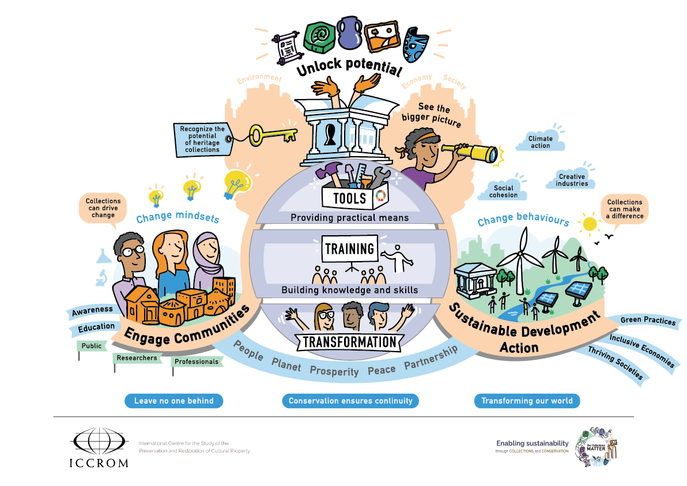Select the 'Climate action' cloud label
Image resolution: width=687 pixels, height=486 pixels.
[540, 142]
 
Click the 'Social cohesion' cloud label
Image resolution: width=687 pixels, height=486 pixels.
[503, 191]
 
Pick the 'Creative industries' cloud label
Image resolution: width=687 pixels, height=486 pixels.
[572, 180]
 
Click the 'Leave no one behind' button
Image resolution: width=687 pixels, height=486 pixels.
[173, 401]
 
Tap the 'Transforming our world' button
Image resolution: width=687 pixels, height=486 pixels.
[527, 401]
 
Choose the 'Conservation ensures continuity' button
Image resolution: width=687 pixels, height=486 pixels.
[350, 401]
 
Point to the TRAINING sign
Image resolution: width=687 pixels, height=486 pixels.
[349, 249]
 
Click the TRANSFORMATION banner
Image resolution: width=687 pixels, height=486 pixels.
[349, 341]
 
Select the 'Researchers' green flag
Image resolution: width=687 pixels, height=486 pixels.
[137, 358]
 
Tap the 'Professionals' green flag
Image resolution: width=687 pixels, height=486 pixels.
[197, 361]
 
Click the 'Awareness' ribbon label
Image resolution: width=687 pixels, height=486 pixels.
[92, 312]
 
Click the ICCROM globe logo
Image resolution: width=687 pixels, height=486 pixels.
[99, 442]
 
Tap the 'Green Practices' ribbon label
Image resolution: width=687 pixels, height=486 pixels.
[648, 321]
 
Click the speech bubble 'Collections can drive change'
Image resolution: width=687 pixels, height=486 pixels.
[103, 208]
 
